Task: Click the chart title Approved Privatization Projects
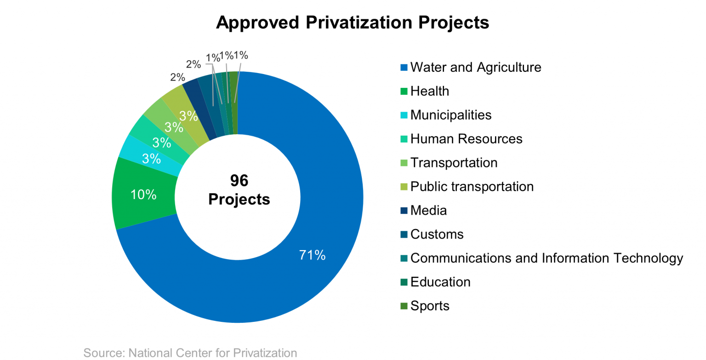pyautogui.click(x=353, y=23)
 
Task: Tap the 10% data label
pyautogui.click(x=143, y=194)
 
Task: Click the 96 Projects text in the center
pyautogui.click(x=239, y=190)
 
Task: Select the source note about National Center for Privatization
pyautogui.click(x=190, y=353)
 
